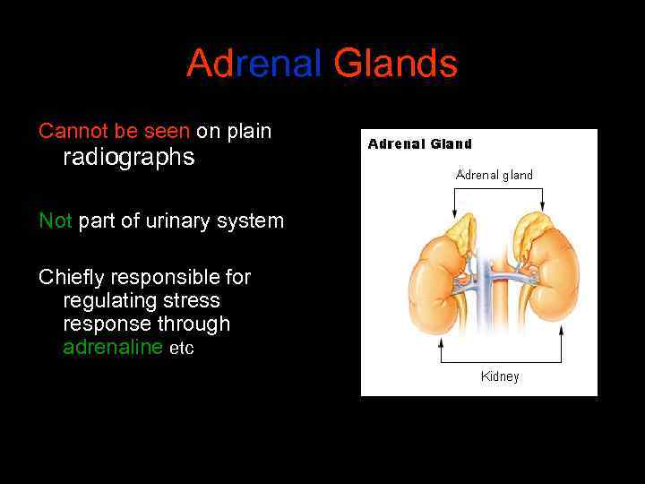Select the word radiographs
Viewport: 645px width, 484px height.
(x=129, y=158)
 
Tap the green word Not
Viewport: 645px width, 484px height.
(x=55, y=220)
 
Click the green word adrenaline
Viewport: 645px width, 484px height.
(x=113, y=347)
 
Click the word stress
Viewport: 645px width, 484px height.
(x=186, y=300)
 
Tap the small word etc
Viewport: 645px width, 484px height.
(x=182, y=349)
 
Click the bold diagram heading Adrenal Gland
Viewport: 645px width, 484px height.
(x=419, y=143)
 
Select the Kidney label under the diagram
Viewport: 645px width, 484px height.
(x=500, y=376)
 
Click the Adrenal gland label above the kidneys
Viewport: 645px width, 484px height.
(x=494, y=175)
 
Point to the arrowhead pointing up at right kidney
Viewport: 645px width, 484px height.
(x=561, y=330)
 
